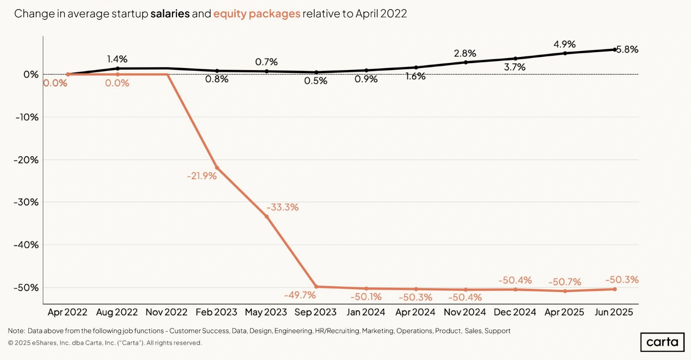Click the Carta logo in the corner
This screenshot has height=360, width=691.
click(662, 342)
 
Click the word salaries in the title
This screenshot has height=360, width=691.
click(170, 14)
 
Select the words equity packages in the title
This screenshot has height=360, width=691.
click(257, 14)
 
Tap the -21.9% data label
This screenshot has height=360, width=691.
click(202, 176)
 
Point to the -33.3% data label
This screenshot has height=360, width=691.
click(283, 207)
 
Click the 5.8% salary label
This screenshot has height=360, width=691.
click(628, 49)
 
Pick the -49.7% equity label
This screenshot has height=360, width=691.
click(300, 295)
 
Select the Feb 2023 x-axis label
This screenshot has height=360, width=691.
click(216, 312)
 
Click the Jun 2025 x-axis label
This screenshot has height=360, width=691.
click(614, 312)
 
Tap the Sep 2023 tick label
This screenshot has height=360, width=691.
click(315, 312)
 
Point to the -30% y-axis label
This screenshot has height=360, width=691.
click(26, 202)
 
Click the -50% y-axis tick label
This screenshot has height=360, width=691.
click(26, 288)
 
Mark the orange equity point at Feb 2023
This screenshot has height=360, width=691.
click(217, 168)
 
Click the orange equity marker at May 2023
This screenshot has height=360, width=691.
click(267, 217)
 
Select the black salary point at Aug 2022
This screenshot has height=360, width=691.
click(118, 69)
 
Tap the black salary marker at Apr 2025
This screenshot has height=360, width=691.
click(565, 53)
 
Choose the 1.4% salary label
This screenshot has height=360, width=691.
click(117, 59)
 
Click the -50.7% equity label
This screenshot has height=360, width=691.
click(565, 282)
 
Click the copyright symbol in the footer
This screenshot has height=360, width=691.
click(11, 343)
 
